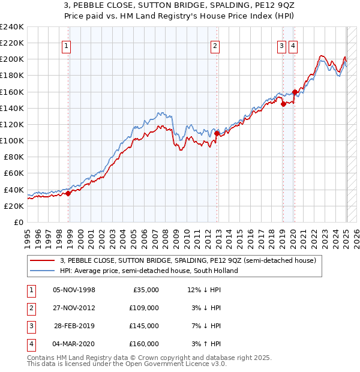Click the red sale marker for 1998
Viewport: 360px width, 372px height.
tap(68, 193)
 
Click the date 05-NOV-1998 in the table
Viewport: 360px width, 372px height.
tap(74, 290)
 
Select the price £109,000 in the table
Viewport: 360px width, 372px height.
tap(144, 308)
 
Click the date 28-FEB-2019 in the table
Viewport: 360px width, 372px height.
tap(74, 326)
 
